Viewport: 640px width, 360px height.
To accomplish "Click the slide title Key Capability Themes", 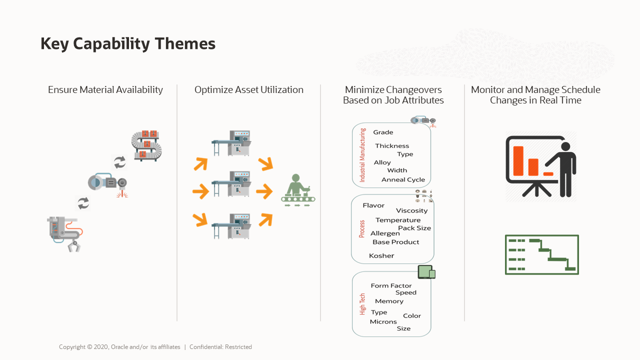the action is coord(128,43).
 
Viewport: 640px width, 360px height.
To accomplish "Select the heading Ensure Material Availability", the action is coord(105,90).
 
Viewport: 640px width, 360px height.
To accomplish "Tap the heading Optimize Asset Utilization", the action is coord(249,90).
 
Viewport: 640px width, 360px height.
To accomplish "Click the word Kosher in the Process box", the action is coord(381,255).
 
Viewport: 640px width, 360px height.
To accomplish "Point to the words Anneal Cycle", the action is coord(403,179).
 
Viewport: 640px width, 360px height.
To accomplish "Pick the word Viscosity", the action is coord(411,210).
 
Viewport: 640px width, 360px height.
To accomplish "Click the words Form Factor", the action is coord(391,285).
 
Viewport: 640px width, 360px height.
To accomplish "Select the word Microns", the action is coord(383,321).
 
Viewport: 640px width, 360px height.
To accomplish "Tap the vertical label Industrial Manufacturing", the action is coord(362,155).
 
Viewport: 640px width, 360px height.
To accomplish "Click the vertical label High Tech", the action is coord(362,304).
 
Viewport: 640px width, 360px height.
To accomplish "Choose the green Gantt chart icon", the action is coord(541,254).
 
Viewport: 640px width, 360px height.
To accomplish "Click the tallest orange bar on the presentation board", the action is coord(518,161).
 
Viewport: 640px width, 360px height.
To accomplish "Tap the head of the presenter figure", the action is coord(565,146).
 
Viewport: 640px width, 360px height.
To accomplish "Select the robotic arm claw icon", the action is coord(65,234).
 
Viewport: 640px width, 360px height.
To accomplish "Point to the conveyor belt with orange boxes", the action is coord(146,145).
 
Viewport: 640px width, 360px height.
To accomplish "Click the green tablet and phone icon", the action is coord(426,272).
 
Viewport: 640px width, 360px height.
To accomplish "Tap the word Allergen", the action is coord(385,233).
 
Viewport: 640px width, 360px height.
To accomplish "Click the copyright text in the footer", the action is coord(119,347).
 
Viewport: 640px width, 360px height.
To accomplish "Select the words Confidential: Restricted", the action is coord(220,347).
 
